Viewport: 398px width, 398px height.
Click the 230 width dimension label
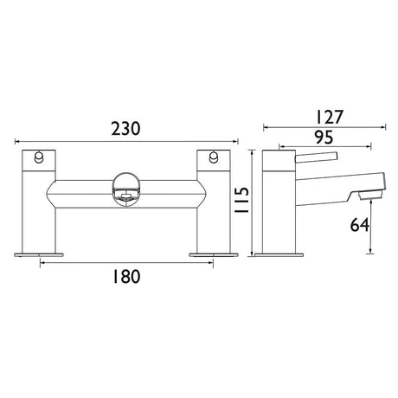coord(125,129)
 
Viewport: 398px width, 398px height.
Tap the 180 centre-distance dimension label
coord(126,276)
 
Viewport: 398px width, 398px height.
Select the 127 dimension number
coord(329,117)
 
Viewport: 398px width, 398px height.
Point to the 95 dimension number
coord(324,138)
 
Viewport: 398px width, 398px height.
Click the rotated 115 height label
coord(241,200)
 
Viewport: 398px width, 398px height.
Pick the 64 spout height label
coord(360,225)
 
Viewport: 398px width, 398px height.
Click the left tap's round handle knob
coord(38,157)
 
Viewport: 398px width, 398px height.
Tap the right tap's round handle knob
coord(214,157)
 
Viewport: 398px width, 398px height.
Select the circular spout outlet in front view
coord(126,189)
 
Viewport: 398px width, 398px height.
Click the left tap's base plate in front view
coord(39,254)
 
